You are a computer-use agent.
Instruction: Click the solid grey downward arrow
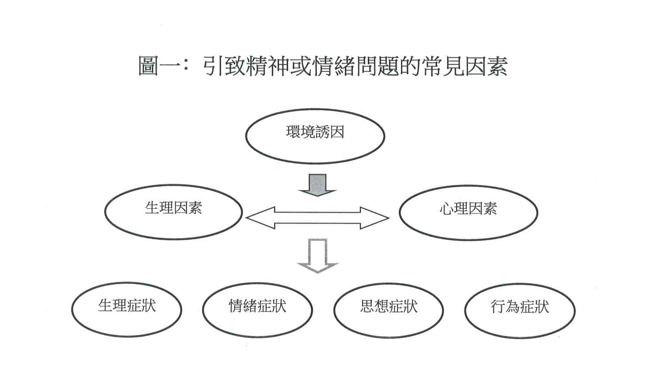point(317,185)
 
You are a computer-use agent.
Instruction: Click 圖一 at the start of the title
point(159,66)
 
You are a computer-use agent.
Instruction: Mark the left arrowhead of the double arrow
point(260,218)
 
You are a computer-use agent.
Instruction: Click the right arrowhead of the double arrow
point(375,218)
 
